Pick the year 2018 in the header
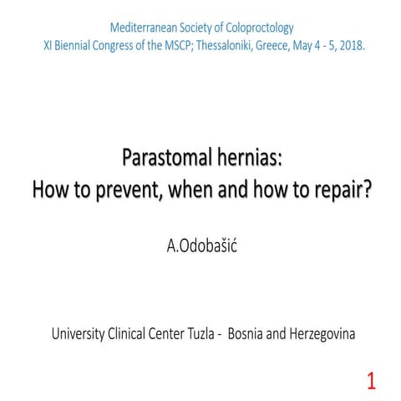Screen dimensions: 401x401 pos(352,43)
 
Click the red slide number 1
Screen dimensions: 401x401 pos(371,383)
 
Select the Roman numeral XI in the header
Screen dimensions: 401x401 pos(49,43)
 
